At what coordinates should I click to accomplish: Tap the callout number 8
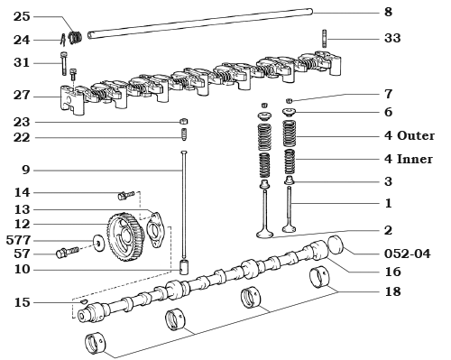[388, 12]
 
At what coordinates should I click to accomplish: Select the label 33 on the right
[391, 39]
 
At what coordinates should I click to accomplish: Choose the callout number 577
[19, 240]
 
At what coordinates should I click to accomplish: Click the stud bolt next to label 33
[322, 40]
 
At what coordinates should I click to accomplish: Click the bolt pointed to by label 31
[62, 64]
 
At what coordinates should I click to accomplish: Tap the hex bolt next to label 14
[124, 194]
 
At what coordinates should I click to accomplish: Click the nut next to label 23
[184, 121]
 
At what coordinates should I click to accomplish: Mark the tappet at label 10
[184, 268]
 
